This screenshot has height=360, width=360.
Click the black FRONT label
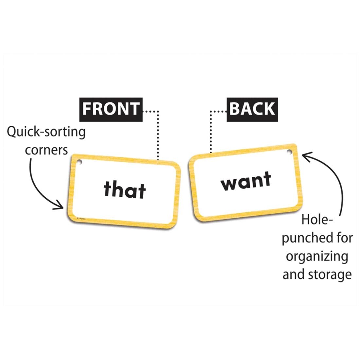point(111,109)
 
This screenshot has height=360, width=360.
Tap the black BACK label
point(252,109)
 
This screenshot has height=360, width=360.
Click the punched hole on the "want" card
point(289,151)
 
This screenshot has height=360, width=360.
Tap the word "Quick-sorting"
point(46,133)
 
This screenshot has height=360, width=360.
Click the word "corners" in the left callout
point(46,150)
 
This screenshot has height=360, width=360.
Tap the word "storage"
point(330,274)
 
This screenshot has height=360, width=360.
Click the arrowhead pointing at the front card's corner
point(61,206)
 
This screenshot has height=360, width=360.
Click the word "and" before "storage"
point(293,274)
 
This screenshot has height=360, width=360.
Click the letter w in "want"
point(229,184)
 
